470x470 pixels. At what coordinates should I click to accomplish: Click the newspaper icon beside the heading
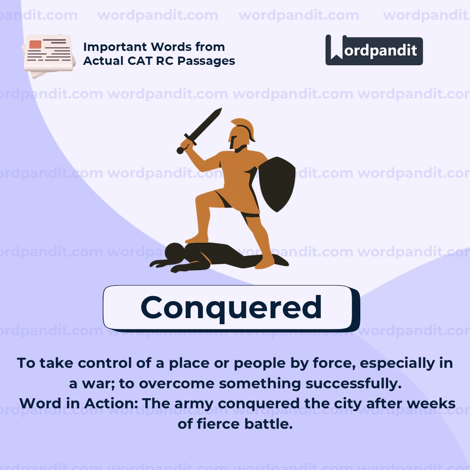click(x=47, y=55)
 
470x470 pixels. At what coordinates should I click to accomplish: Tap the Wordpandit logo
click(x=374, y=50)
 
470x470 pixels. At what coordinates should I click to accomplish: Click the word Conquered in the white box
click(x=231, y=307)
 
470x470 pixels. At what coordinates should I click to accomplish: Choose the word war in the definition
click(x=97, y=383)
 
